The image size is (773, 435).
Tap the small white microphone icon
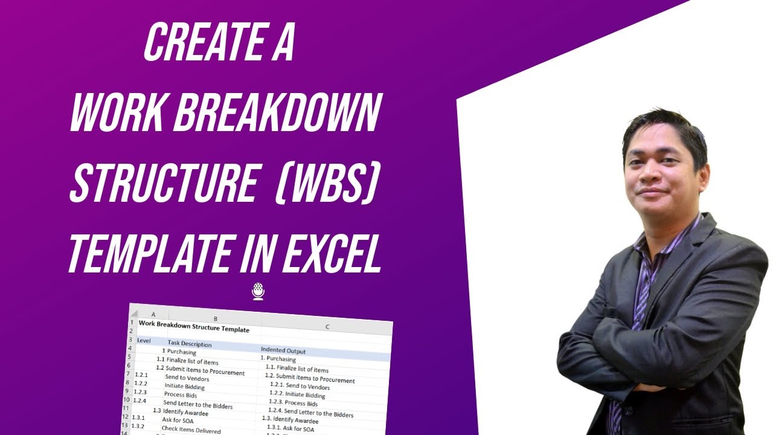tap(258, 291)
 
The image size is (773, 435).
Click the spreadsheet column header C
tap(327, 327)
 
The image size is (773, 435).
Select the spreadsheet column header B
tap(215, 318)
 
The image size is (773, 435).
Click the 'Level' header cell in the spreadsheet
tap(144, 340)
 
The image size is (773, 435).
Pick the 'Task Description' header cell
tap(190, 344)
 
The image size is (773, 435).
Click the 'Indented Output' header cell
tap(283, 350)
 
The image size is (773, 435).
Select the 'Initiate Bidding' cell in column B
tap(184, 387)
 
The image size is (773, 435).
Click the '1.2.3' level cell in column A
tap(140, 391)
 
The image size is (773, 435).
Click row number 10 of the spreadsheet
tap(127, 399)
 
